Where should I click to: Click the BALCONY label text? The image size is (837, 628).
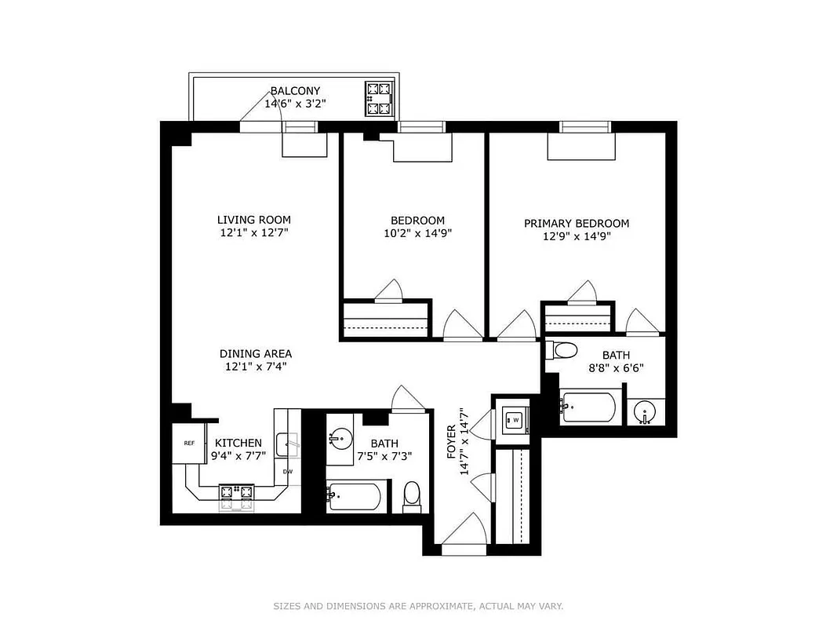295,90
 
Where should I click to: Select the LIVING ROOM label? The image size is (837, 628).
253,220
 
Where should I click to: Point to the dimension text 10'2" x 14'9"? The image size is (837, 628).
417,233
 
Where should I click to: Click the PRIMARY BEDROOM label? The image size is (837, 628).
576,223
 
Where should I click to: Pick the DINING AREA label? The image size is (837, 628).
255,354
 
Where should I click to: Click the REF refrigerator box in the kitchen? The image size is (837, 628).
189,443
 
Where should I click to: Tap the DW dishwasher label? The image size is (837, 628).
288,471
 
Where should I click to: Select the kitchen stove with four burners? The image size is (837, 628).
237,494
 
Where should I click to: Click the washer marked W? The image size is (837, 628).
516,420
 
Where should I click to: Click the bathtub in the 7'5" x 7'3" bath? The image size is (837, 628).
355,495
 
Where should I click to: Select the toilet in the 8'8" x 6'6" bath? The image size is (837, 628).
563,351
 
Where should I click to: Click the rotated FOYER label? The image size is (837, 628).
451,442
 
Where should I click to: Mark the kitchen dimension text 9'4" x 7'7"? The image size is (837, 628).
238,455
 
